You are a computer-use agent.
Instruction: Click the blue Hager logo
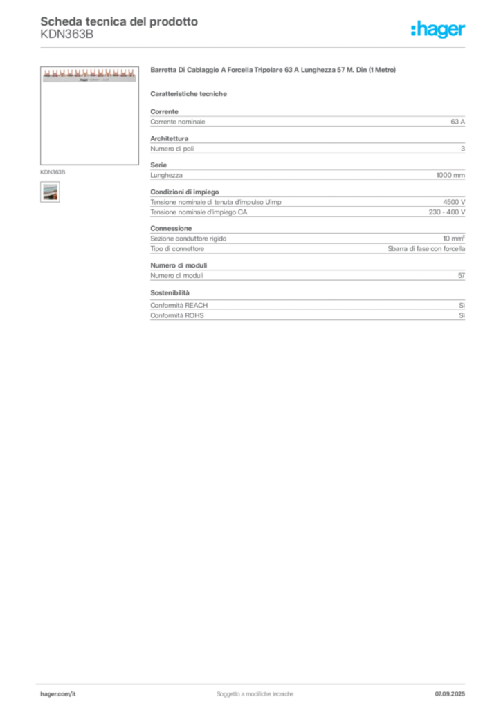439,30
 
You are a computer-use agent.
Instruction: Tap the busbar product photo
89,75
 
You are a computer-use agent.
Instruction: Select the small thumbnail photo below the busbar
49,192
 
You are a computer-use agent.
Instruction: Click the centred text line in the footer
256,691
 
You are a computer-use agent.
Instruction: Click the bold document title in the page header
118,21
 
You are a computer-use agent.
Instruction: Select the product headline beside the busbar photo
274,71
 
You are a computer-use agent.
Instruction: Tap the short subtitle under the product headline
190,94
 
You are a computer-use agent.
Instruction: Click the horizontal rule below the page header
255,47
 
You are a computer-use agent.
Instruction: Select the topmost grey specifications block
308,121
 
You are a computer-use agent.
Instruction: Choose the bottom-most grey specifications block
308,308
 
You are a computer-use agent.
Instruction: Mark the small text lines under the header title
66,38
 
